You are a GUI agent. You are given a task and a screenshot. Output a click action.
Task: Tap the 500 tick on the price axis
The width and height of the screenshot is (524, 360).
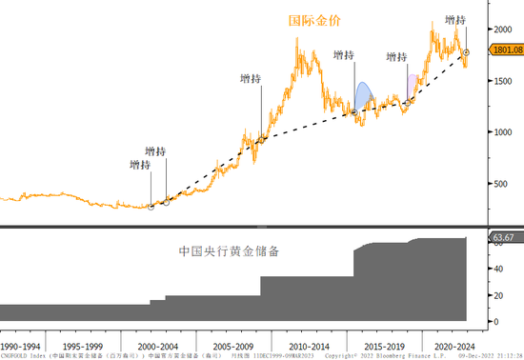(x=498, y=184)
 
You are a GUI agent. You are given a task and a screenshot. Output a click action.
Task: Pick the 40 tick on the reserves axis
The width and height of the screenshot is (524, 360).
(x=496, y=270)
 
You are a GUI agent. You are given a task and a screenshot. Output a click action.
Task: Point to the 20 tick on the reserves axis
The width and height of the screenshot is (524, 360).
(x=496, y=295)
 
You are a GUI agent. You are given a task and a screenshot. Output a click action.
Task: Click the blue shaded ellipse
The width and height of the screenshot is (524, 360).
(x=364, y=96)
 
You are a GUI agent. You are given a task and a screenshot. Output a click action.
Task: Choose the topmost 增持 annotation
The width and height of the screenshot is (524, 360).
(x=455, y=19)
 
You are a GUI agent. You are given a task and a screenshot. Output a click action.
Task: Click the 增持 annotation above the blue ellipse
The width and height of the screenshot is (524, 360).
(x=344, y=56)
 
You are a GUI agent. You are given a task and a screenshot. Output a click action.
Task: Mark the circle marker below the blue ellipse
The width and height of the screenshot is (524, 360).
(x=354, y=112)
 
